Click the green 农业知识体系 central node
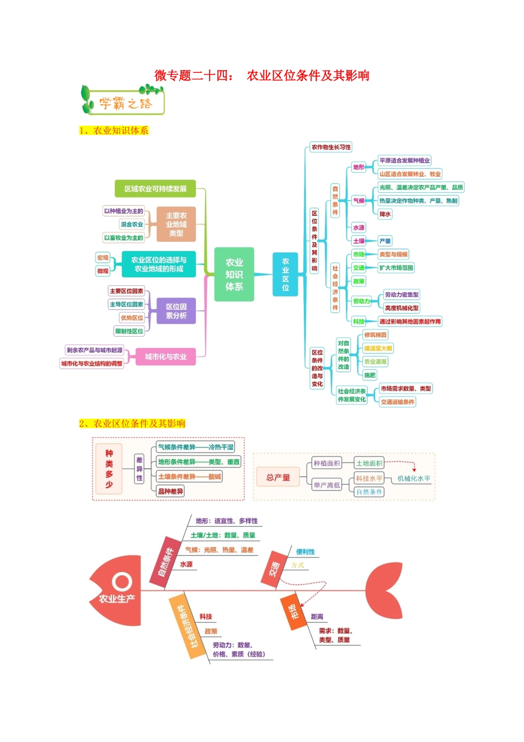coord(234,274)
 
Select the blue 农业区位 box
coord(286,274)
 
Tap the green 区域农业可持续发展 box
coord(155,189)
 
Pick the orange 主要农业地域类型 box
coord(176,224)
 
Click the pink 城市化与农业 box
coord(165,357)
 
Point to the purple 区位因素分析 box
coord(176,311)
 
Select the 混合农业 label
coord(132,224)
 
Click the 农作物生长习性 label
coord(330,147)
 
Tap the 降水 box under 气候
coord(385,214)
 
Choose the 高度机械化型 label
coord(402,308)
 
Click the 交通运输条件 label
coord(397,402)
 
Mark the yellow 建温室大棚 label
coord(378,348)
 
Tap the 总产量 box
coord(278,478)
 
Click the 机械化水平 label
coord(414,479)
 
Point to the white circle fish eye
coord(121,581)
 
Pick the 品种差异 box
coord(170,491)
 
